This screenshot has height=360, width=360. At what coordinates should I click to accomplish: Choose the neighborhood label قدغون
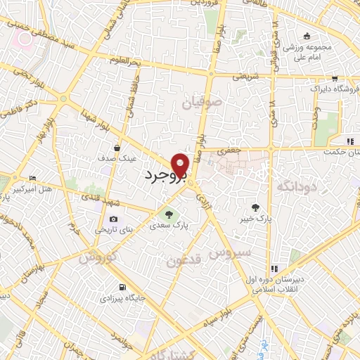(184, 260)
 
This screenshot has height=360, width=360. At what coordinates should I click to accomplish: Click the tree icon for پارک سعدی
(168, 214)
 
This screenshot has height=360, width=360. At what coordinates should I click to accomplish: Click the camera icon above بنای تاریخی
(113, 219)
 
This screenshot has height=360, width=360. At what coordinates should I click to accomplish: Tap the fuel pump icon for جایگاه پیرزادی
(123, 287)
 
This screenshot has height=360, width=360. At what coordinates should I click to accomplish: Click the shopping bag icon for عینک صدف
(126, 148)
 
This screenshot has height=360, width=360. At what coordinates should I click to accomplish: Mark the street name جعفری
(229, 150)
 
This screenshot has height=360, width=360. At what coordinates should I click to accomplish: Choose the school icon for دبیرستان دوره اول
(274, 268)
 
